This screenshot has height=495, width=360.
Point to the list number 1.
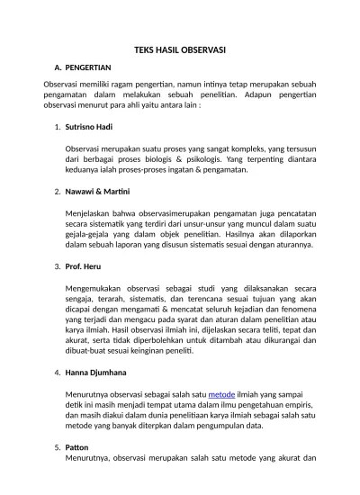pos(57,127)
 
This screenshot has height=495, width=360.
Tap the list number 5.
pos(57,446)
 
